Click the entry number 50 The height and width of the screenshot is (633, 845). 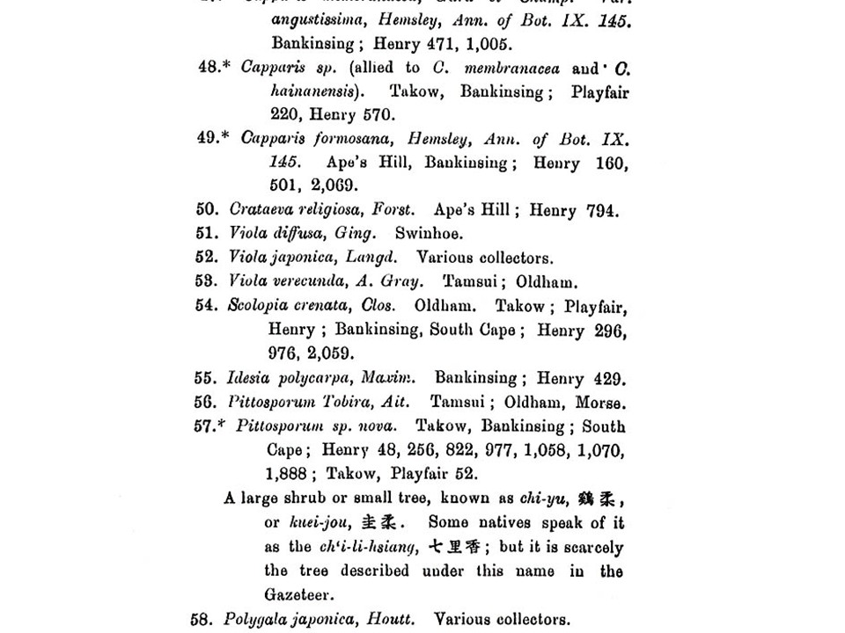point(206,210)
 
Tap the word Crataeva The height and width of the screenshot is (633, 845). point(257,210)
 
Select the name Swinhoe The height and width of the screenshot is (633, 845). point(429,234)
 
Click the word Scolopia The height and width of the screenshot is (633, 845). point(253,306)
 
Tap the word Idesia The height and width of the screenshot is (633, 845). point(246,378)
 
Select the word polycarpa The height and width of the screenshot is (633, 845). point(307,378)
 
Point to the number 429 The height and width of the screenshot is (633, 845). point(606,379)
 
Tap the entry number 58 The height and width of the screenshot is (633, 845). point(202,619)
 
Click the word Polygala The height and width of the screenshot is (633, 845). point(253,620)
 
